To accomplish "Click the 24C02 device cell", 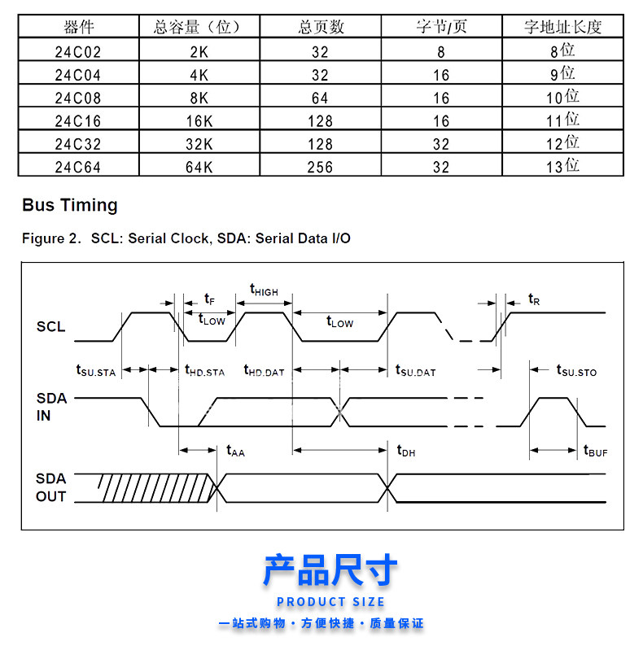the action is coord(78,51).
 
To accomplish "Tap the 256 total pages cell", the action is coord(321,167).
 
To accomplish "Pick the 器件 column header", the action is coord(78,27).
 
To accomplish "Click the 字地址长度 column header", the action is coord(562,27).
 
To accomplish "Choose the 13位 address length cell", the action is coord(562,166).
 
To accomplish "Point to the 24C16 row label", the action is coord(78,120).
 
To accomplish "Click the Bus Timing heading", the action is coord(70,205).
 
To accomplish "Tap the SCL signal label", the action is coord(50,327).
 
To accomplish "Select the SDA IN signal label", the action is coord(51,408).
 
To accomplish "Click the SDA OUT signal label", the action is coord(51,487).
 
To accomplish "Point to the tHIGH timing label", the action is coord(263,290).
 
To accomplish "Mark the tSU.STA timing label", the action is coord(96,371).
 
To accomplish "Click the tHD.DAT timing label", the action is coord(264,371).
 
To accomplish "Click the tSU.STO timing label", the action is coord(576,371).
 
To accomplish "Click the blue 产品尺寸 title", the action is coord(330,570).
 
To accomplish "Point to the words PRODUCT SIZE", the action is coord(330,602).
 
